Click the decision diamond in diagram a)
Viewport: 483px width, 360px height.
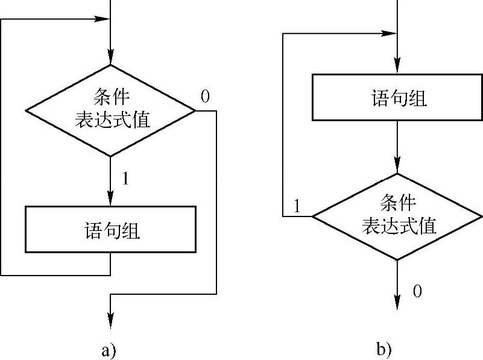tap(110, 110)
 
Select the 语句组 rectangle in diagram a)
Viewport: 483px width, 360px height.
tap(110, 229)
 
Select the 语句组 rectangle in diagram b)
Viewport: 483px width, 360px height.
tap(397, 97)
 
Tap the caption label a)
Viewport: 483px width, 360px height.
tap(109, 350)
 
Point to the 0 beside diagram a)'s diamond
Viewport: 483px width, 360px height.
tap(205, 96)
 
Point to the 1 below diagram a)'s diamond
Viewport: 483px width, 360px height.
tap(125, 179)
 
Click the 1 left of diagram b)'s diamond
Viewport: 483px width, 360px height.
tap(297, 206)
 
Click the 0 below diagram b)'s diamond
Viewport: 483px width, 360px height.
tap(417, 292)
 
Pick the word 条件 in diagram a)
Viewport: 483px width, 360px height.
tap(111, 96)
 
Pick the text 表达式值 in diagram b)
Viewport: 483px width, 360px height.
tap(399, 226)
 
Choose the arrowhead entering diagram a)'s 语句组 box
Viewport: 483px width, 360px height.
tap(110, 200)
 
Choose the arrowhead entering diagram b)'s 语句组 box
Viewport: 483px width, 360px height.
tap(397, 68)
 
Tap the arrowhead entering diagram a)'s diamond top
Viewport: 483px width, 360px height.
tap(110, 59)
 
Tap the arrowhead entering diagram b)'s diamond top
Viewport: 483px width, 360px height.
tap(397, 167)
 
